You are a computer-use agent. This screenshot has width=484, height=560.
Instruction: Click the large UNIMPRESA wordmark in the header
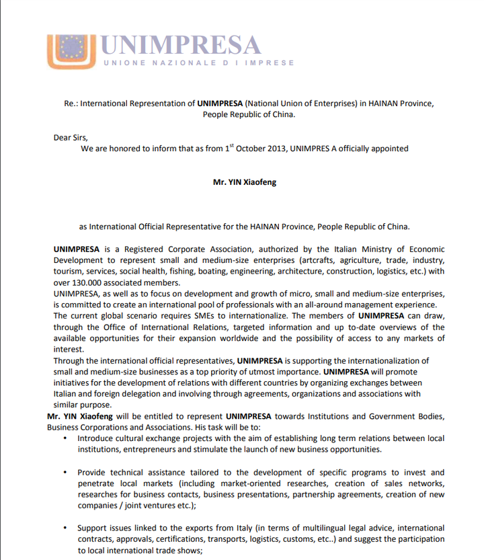179,45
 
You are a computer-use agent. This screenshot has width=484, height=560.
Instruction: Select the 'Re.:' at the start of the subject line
71,104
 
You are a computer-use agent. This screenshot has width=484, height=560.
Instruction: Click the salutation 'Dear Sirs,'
71,137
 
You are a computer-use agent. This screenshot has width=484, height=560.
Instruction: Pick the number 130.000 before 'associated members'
91,283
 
